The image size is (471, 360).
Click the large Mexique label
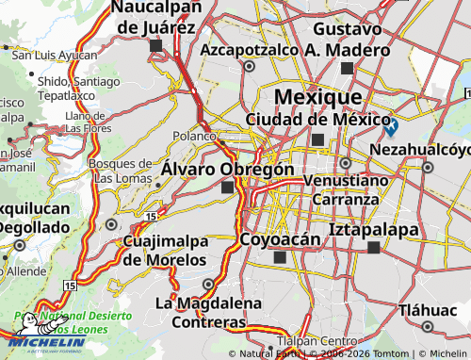tap(317, 97)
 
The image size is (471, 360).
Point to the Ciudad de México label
tap(318, 120)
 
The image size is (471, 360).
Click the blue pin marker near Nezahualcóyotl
tap(390, 125)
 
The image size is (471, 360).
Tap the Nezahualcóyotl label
tap(420, 150)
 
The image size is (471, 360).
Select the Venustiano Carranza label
tap(348, 189)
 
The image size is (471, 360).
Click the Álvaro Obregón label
tap(227, 169)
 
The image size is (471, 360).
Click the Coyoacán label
tap(281, 239)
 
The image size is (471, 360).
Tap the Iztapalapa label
tap(374, 229)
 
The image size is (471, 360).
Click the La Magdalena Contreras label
tap(202, 312)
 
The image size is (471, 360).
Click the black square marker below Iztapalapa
tap(374, 248)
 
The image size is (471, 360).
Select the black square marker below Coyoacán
tap(279, 257)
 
